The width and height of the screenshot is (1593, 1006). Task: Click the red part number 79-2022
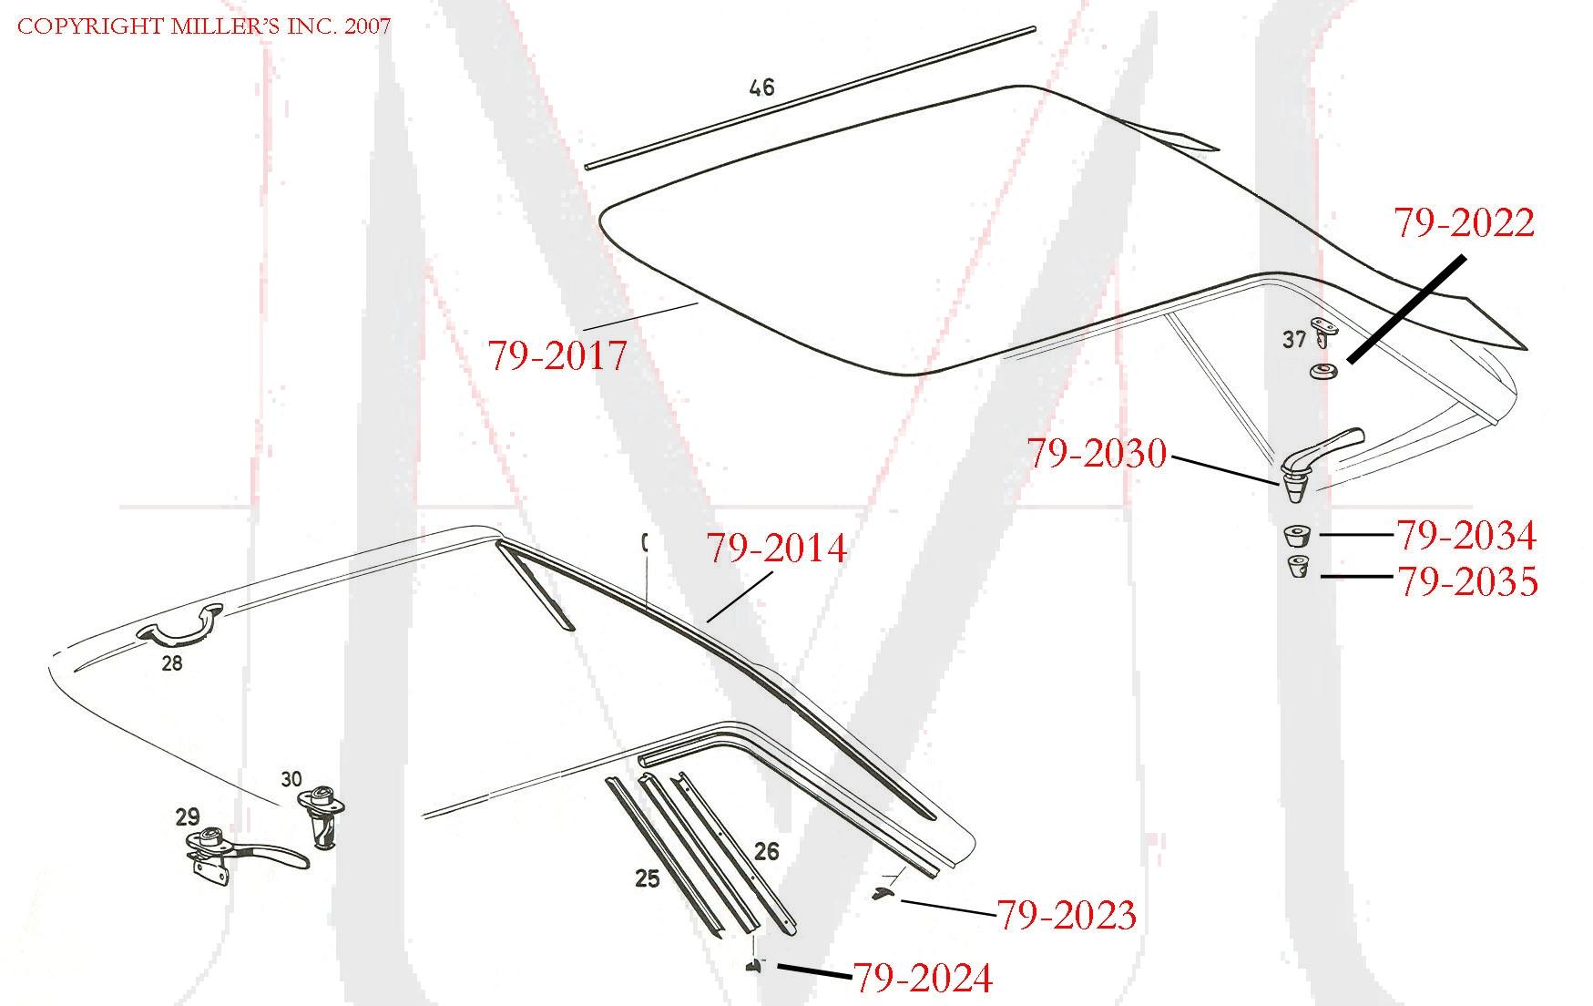coord(1464,223)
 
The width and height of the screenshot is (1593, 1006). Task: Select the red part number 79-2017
coord(557,355)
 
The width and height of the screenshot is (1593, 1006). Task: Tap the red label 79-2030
coord(1097,454)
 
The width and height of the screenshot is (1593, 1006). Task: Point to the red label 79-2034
coord(1466,536)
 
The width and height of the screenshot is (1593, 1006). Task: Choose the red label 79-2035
coord(1467,581)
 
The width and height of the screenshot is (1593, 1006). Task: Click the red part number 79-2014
coord(776,549)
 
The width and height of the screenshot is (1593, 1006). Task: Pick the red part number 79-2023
coord(1066,915)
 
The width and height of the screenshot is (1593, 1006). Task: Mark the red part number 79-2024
coord(922,979)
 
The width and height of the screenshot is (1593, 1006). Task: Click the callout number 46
coord(761,87)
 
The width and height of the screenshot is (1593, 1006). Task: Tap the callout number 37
coord(1293,340)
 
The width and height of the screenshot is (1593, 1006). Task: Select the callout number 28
coord(171,663)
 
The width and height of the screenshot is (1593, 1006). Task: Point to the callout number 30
coord(291,779)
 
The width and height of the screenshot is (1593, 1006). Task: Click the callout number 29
coord(187,816)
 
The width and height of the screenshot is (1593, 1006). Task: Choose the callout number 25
coord(647,879)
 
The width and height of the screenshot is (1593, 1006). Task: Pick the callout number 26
coord(766,851)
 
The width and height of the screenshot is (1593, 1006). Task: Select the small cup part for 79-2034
coord(1296,535)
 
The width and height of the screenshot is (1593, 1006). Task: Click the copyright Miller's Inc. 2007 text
coord(204,26)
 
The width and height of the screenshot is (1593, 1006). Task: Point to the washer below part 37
coord(1322,371)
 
